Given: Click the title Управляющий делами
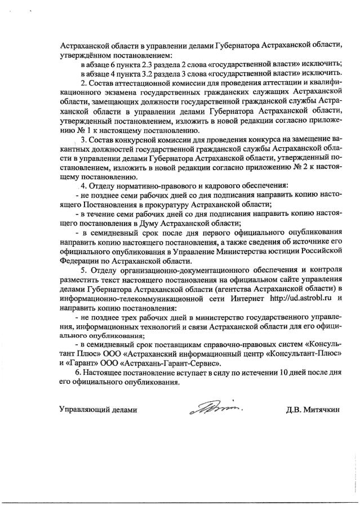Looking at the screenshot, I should tap(99, 410).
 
